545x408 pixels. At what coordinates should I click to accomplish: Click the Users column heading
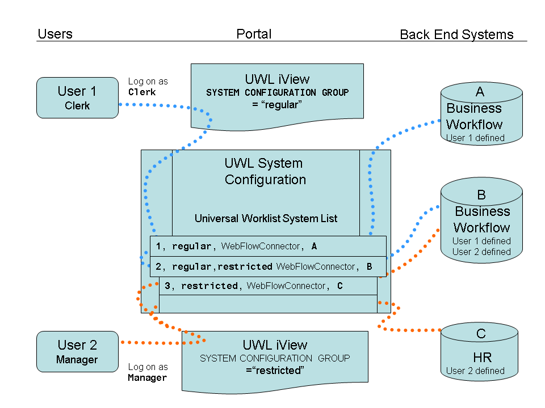coord(55,34)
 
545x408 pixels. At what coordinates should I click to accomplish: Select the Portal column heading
coord(254,34)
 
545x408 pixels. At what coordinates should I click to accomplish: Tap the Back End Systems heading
coord(456,35)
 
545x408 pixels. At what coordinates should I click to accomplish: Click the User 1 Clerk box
coord(77,97)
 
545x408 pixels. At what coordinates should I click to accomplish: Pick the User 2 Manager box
coord(77,351)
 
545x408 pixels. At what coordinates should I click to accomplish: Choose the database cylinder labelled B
coord(481,221)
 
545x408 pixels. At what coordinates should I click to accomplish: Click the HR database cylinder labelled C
coord(481,351)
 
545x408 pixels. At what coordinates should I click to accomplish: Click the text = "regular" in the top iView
coord(277,105)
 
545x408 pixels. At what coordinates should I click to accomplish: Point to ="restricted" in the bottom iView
coord(275,370)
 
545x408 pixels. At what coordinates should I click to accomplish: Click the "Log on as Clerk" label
coord(148,87)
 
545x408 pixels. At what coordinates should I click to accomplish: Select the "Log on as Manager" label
coord(148,372)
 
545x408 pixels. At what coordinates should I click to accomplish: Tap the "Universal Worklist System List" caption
coord(266,218)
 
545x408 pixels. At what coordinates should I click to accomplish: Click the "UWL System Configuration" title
coord(265,172)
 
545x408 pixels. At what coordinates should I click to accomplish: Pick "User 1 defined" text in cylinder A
coord(475,138)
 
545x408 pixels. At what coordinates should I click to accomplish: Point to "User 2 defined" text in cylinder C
coord(475,371)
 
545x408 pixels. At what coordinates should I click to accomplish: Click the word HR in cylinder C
coord(482,358)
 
